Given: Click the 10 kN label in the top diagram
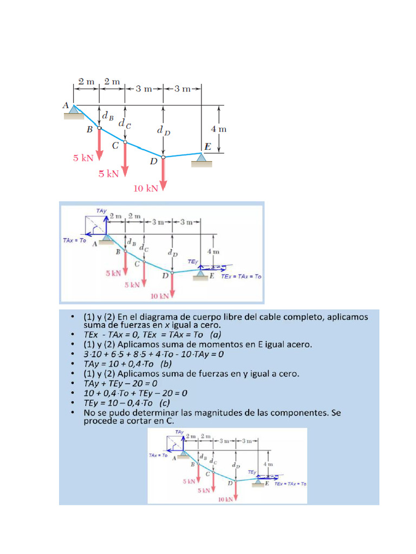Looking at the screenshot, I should (x=146, y=188).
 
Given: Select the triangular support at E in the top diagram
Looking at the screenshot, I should (x=201, y=157).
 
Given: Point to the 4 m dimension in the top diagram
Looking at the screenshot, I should (x=218, y=129).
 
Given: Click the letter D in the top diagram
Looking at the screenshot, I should (x=154, y=161).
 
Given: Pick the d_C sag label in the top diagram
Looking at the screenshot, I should (x=125, y=124).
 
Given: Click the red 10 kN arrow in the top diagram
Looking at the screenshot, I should (x=163, y=173).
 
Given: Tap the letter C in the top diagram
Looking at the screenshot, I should (x=115, y=146).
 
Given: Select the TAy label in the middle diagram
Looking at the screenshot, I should (x=101, y=210).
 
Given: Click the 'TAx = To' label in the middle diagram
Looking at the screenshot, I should (x=75, y=240).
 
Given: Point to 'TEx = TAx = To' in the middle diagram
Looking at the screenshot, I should (x=241, y=276).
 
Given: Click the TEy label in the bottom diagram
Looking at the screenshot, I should (x=252, y=472).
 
